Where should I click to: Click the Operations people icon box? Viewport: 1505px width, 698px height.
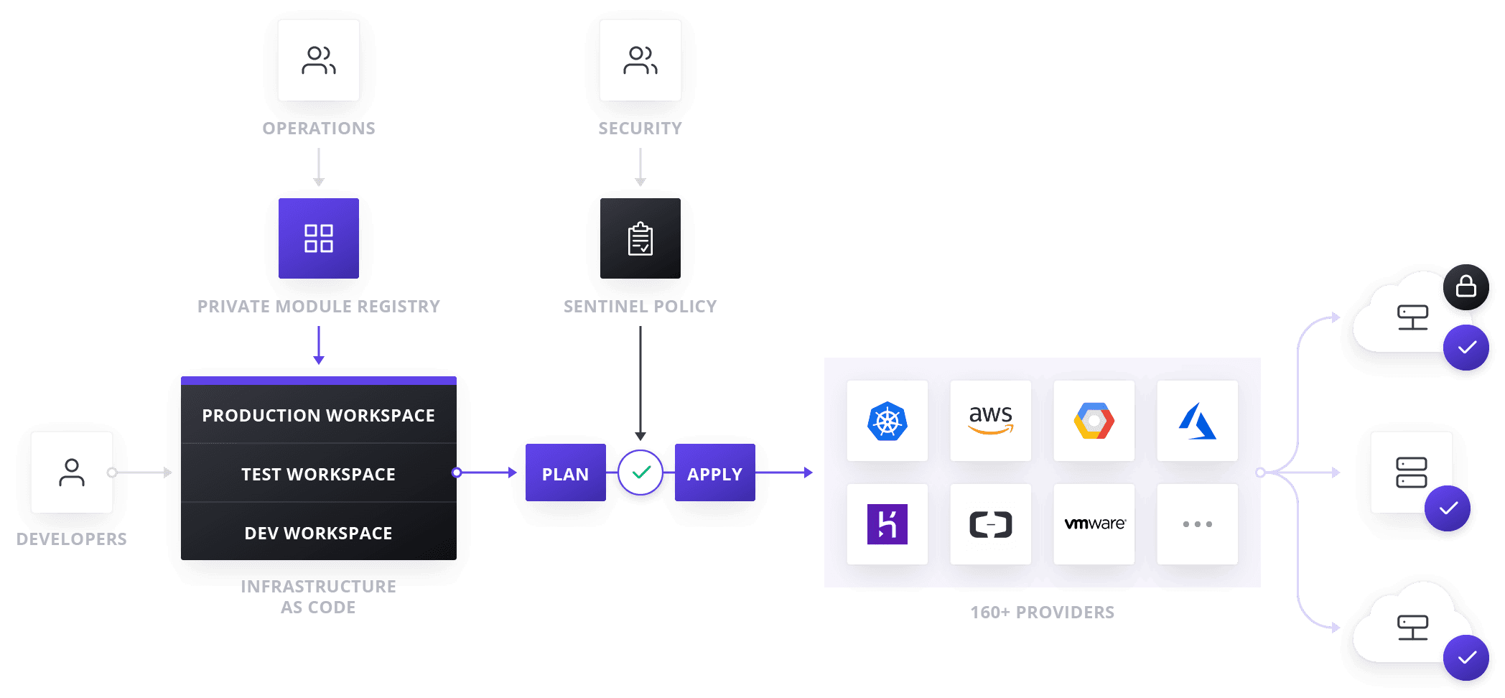(319, 60)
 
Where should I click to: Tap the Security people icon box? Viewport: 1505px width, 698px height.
(640, 60)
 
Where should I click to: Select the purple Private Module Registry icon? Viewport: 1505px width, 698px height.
(319, 238)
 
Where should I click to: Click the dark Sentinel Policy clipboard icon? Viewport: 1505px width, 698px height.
(640, 238)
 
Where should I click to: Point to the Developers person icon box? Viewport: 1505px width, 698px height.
(72, 473)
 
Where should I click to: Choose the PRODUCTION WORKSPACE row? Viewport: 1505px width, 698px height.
(319, 415)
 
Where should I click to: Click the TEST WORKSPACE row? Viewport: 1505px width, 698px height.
(319, 474)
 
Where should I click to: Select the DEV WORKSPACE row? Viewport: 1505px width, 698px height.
(319, 533)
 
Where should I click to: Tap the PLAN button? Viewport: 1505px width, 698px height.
(565, 473)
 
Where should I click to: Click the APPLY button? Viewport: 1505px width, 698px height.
(714, 473)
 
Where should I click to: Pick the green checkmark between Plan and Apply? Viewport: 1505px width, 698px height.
(640, 473)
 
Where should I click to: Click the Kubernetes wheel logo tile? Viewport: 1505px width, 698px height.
(887, 421)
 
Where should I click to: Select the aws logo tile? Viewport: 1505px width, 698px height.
(991, 421)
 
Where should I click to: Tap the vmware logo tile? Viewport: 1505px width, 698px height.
(1094, 524)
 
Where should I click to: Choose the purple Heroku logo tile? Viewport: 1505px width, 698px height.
(887, 524)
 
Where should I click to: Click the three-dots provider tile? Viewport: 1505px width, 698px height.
(1198, 524)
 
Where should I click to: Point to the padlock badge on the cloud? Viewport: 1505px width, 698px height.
(1466, 287)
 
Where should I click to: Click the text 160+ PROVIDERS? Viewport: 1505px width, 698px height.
(1042, 613)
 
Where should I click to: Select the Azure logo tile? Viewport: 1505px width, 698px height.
(1198, 421)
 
